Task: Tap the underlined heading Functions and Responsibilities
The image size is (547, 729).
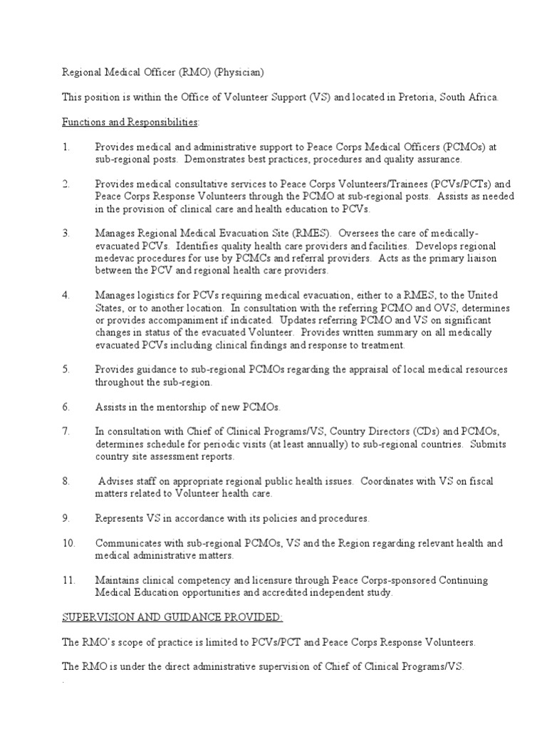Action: (130, 122)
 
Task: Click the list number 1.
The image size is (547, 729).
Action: (66, 147)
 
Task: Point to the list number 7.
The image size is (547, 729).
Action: (66, 431)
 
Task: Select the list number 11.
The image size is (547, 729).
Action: (68, 580)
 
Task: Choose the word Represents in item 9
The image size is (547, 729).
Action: (122, 518)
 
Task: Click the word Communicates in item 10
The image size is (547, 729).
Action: (130, 543)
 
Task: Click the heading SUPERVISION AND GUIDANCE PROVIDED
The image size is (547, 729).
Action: (163, 617)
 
